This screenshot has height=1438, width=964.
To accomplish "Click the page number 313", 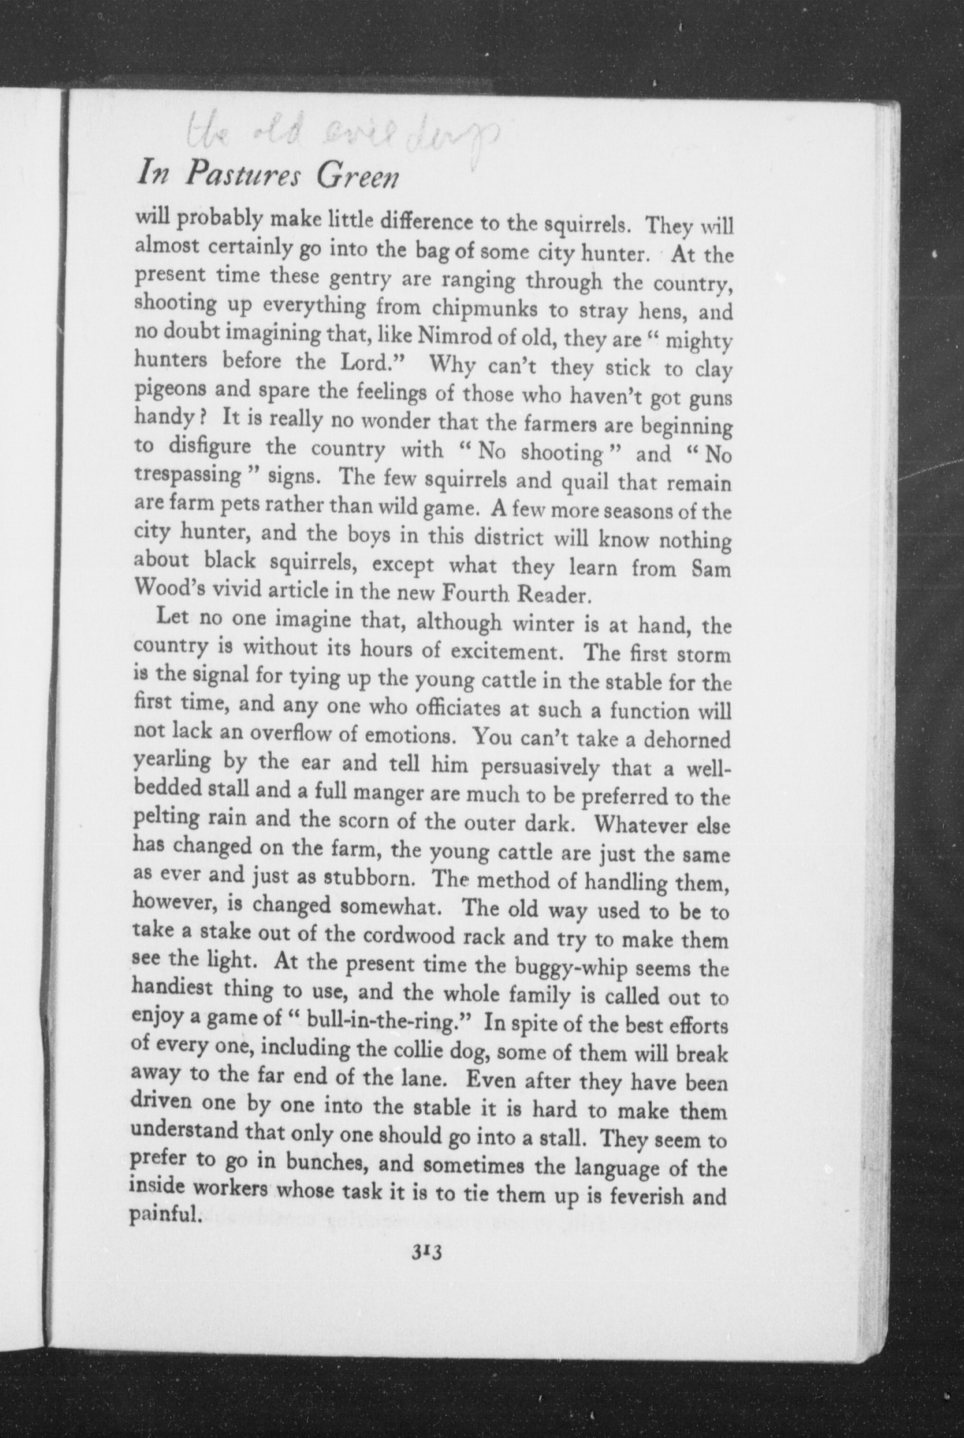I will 428,1250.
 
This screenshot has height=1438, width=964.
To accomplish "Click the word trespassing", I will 188,475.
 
